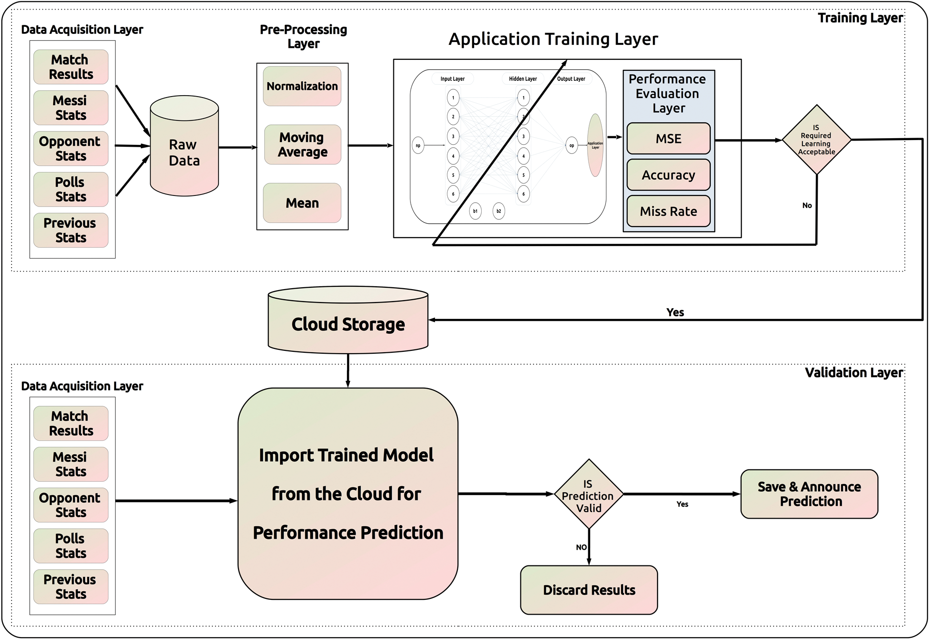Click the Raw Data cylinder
(x=184, y=152)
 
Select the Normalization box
(x=302, y=86)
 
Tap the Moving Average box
(x=303, y=144)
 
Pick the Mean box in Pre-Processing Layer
(x=302, y=203)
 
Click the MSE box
(x=668, y=139)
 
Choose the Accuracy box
(x=668, y=175)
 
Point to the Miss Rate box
(x=668, y=211)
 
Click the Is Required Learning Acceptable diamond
(x=816, y=140)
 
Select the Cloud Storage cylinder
(x=348, y=324)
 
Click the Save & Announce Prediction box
(x=809, y=494)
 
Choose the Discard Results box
(x=589, y=590)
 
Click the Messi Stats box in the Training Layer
(x=71, y=108)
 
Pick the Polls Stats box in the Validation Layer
(x=71, y=546)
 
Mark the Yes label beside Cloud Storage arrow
(x=675, y=312)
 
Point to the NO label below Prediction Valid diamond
(x=581, y=547)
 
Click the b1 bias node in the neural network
(x=475, y=211)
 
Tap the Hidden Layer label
(x=522, y=79)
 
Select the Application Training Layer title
(x=553, y=39)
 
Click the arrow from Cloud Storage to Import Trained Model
(x=348, y=370)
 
